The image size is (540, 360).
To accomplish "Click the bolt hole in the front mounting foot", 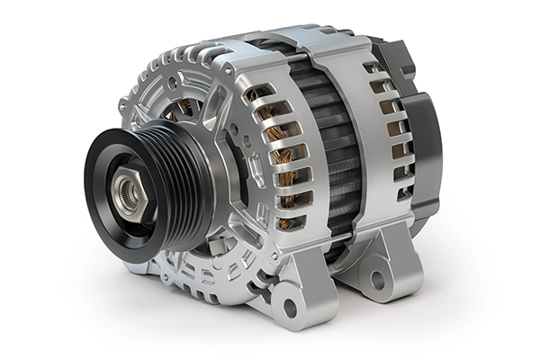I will click(289, 292).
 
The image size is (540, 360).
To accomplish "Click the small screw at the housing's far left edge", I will click(122, 105).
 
